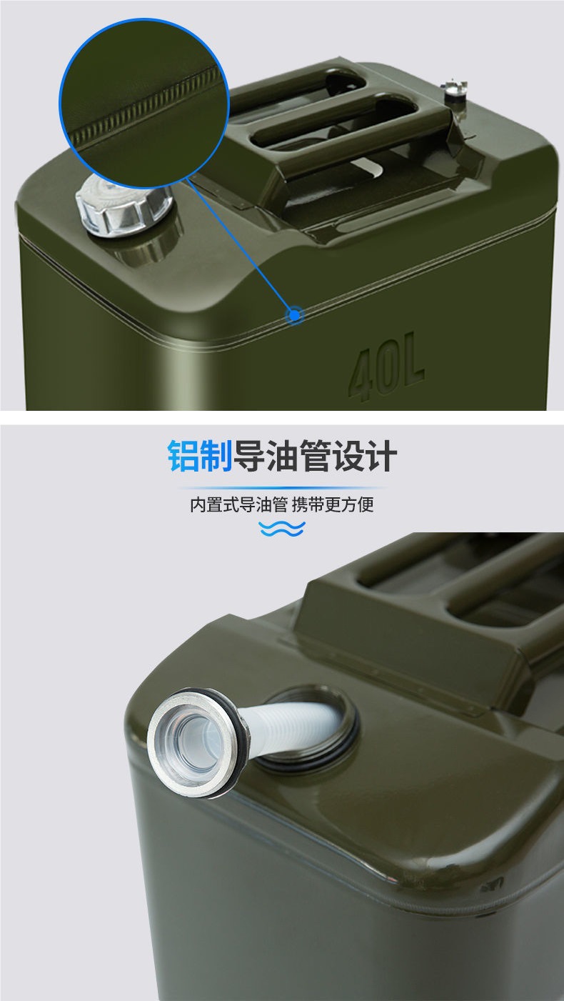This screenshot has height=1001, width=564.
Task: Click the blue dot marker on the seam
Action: (x=294, y=314)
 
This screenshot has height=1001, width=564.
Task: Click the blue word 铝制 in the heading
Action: (x=200, y=456)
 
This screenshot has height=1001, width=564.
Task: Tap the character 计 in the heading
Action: (x=381, y=456)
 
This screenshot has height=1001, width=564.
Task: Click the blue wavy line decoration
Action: (x=281, y=529)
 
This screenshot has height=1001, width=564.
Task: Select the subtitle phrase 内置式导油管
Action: (x=238, y=504)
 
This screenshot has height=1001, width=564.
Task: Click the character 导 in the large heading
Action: (x=250, y=456)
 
